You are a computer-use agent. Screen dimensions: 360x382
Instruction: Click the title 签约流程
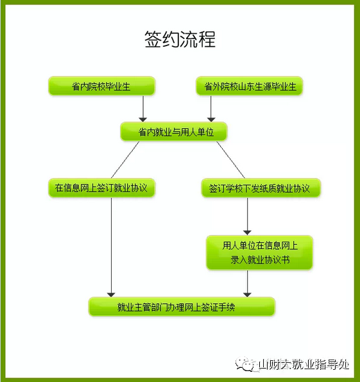point(180,39)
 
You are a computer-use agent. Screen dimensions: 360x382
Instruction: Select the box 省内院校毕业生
point(101,86)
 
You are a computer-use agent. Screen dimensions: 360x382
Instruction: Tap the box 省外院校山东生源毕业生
point(249,86)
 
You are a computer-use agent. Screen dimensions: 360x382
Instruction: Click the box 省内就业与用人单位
point(174,132)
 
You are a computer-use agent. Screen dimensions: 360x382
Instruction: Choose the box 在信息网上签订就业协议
point(101,188)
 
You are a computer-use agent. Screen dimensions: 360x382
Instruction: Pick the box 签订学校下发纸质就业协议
point(261,188)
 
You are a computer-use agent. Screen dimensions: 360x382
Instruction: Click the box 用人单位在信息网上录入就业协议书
point(259,253)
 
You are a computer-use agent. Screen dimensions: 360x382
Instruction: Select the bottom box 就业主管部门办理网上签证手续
point(182,307)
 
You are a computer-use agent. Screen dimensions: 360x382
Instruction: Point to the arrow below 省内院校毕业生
point(143,109)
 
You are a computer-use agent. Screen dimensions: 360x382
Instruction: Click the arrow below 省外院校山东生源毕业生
point(211,109)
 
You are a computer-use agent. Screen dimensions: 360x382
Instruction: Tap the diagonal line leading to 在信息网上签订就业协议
point(125,160)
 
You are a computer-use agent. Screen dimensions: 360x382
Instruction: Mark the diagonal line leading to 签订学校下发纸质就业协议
point(231,160)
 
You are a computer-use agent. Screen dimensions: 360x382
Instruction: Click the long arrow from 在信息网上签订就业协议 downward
point(111,247)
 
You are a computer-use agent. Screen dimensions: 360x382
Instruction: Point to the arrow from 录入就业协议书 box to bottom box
point(247,283)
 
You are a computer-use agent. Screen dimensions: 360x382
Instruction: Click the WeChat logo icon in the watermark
point(245,365)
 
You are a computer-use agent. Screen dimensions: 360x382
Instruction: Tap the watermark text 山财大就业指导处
point(304,365)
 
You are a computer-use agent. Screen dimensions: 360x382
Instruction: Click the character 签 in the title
point(153,39)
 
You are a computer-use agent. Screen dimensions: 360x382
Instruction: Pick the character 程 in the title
point(207,39)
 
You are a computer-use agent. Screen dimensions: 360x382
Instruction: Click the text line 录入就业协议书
point(260,260)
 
